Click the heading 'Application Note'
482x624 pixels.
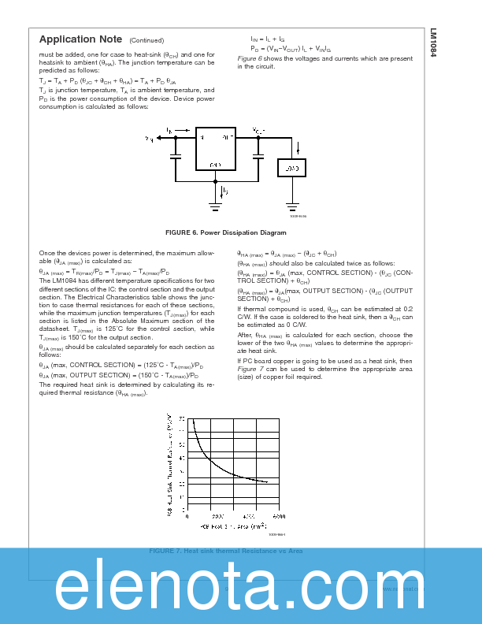coord(80,39)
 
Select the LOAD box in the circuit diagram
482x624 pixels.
coord(291,168)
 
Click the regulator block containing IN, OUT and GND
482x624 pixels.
coord(214,148)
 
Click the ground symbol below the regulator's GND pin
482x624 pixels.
coord(214,207)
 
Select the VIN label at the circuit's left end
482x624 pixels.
coord(149,139)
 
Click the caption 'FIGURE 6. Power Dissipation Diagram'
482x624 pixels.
coord(225,233)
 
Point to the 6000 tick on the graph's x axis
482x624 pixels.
coord(278,516)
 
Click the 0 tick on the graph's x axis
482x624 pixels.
coord(187,516)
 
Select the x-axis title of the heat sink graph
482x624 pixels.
coord(232,524)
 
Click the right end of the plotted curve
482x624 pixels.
coord(267,481)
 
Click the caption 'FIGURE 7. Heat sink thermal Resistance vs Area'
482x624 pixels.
coord(225,551)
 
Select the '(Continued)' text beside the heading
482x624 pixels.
coord(146,40)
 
